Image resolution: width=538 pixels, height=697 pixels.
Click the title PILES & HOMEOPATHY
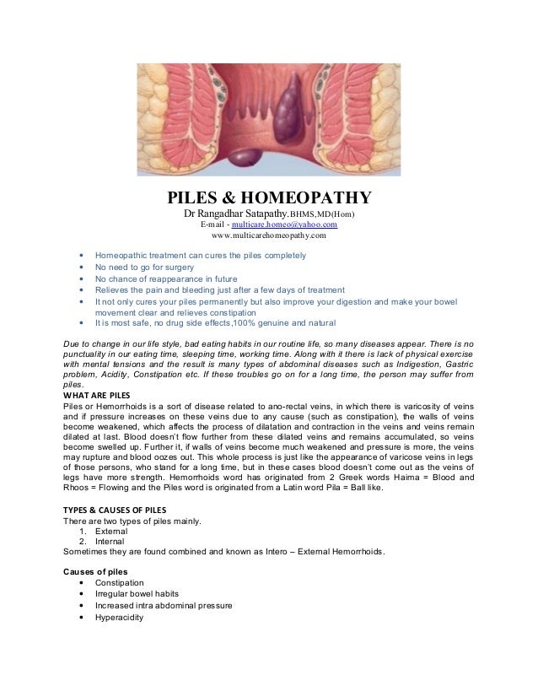(268, 197)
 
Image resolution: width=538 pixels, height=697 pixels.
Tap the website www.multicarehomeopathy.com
(268, 236)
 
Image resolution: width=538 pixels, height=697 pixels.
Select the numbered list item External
(110, 532)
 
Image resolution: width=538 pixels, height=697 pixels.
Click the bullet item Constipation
(119, 583)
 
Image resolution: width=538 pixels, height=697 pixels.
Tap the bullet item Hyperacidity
(120, 617)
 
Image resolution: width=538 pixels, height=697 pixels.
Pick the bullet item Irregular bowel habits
(137, 594)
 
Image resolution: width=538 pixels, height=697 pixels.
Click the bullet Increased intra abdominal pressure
(164, 606)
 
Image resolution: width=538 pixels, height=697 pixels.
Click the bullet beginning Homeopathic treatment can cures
(200, 255)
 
